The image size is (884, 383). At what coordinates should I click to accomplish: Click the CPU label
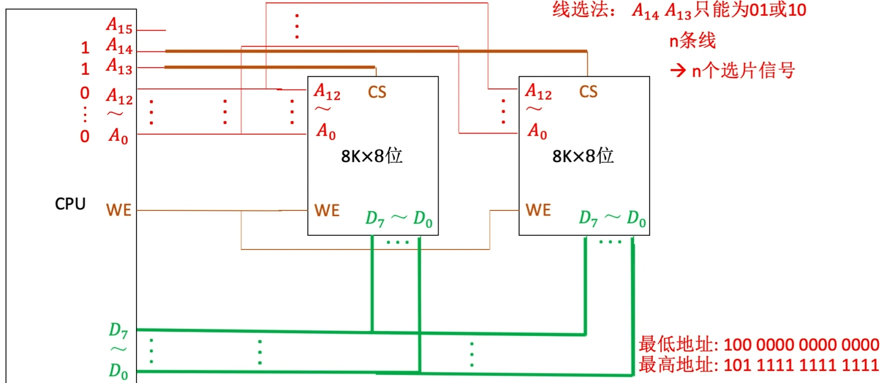pyautogui.click(x=70, y=204)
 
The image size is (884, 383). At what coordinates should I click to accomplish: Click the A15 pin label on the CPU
pyautogui.click(x=119, y=25)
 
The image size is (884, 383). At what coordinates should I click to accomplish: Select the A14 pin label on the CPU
pyautogui.click(x=119, y=47)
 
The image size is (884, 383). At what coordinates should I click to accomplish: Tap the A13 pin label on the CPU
pyautogui.click(x=119, y=67)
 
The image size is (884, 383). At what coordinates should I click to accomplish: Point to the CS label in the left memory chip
pyautogui.click(x=377, y=92)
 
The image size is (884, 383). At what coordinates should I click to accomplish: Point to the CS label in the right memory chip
pyautogui.click(x=588, y=92)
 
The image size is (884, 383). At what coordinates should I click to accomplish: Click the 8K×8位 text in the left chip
pyautogui.click(x=372, y=156)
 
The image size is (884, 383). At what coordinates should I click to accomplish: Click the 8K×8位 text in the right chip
pyautogui.click(x=583, y=156)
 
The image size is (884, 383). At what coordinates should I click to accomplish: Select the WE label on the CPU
pyautogui.click(x=119, y=210)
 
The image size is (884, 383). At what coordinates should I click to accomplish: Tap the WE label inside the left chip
pyautogui.click(x=327, y=210)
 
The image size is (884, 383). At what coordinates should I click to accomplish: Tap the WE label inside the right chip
pyautogui.click(x=538, y=210)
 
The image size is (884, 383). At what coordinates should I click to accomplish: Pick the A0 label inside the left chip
pyautogui.click(x=326, y=131)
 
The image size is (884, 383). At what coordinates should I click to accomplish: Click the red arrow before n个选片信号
pyautogui.click(x=678, y=70)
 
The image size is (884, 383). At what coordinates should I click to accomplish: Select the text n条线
pyautogui.click(x=692, y=41)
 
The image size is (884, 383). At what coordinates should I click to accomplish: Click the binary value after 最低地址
pyautogui.click(x=801, y=345)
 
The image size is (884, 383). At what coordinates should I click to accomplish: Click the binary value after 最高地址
pyautogui.click(x=801, y=365)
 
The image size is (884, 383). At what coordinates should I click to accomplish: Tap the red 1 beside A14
pyautogui.click(x=85, y=48)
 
